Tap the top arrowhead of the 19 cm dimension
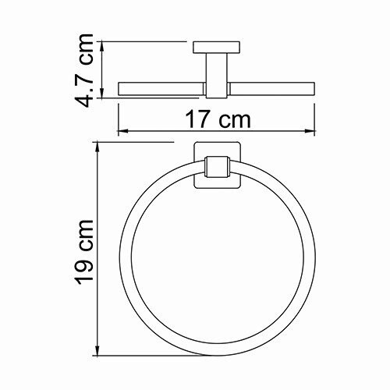(x=97, y=145)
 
